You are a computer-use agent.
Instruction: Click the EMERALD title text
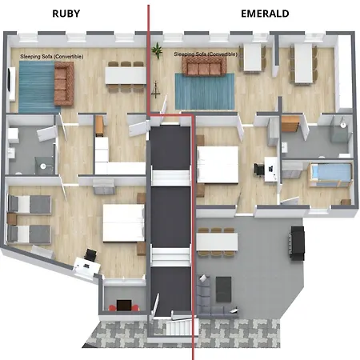[265, 13]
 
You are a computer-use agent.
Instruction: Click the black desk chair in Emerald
[260, 169]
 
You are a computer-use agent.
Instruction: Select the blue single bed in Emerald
[327, 174]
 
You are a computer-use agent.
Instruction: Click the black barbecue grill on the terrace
[298, 242]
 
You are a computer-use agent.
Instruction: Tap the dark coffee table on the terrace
[222, 288]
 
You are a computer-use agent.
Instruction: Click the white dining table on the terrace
[218, 239]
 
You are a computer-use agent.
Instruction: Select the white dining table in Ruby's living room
[125, 74]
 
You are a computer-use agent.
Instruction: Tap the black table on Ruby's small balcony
[122, 304]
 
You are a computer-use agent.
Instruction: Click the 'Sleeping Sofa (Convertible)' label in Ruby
[47, 57]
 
